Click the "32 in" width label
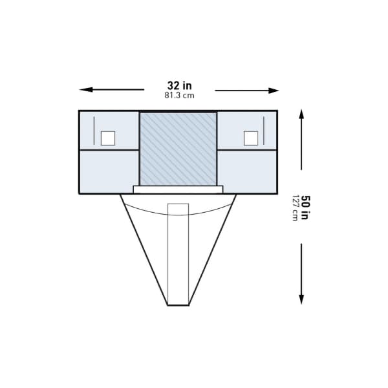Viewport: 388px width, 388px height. tap(179, 85)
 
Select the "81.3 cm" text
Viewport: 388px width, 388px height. tap(179, 95)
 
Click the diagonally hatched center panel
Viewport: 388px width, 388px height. tap(178, 147)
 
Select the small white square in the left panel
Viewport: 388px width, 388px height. tap(108, 138)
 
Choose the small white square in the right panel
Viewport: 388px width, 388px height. tap(251, 138)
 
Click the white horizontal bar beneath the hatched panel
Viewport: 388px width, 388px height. tap(178, 189)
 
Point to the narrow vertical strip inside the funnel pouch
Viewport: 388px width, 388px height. tap(178, 252)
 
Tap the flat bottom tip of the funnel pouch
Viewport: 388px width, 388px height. tap(178, 305)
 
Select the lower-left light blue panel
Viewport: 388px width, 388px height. tap(109, 171)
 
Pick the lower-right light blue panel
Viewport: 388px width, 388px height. tap(247, 171)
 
